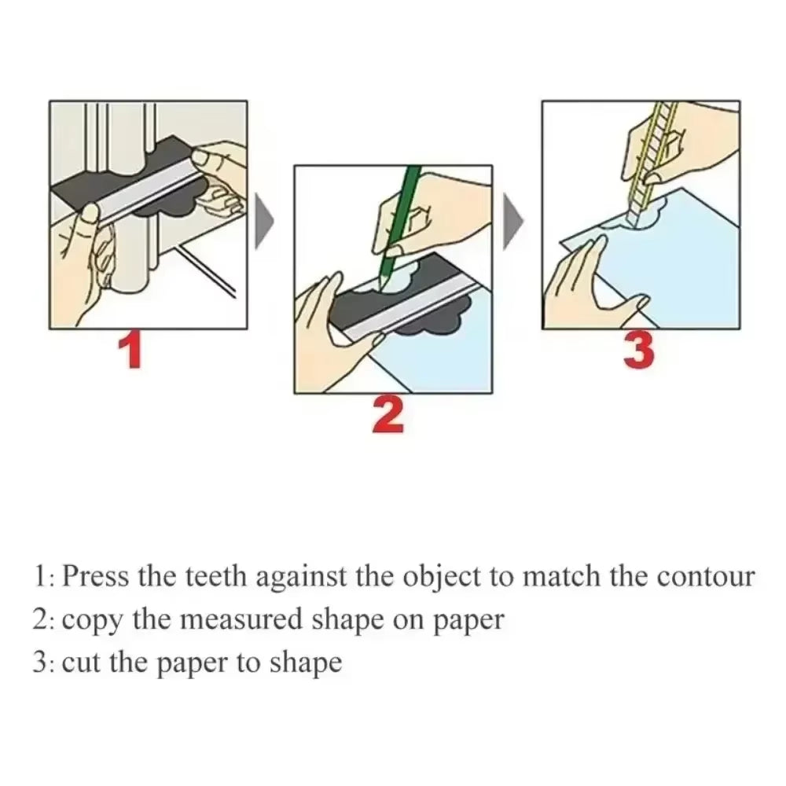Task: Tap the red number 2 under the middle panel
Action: pos(388,415)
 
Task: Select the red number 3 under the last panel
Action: pos(638,351)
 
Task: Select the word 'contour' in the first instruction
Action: pos(705,577)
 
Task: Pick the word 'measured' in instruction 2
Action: pos(233,619)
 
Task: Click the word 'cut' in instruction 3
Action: pos(79,662)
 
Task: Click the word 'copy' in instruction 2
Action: pos(92,621)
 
